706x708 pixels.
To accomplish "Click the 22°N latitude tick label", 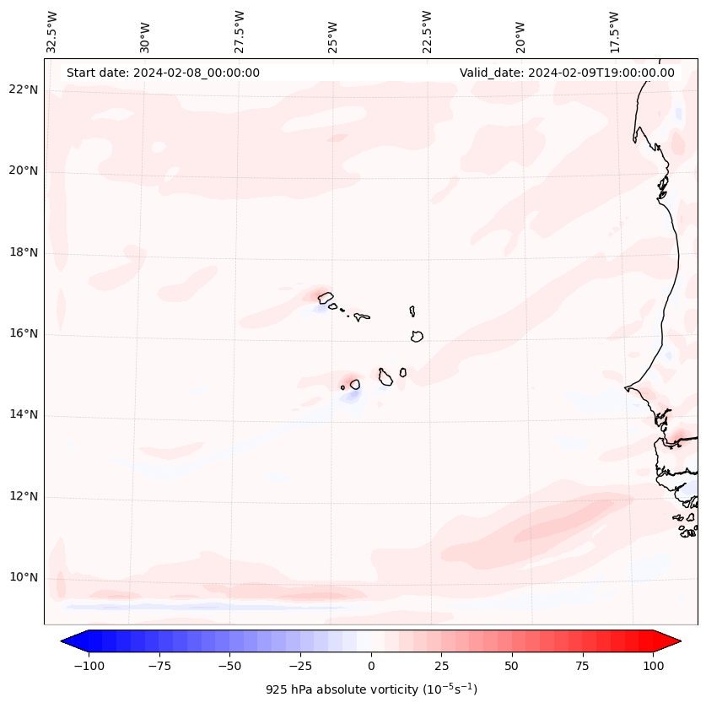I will tap(24, 90).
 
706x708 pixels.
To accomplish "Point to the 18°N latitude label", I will tap(24, 252).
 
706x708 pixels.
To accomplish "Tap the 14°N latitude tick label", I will tap(24, 414).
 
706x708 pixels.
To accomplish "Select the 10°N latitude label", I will tap(24, 577).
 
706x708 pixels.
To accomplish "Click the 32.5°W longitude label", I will tap(52, 32).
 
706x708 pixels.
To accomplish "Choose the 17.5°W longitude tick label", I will tap(614, 32).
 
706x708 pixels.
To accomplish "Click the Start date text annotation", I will tap(163, 73).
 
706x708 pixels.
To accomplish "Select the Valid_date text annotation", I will tap(567, 73).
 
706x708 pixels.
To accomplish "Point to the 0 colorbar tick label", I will tap(371, 666).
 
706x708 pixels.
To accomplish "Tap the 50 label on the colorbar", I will tap(512, 666).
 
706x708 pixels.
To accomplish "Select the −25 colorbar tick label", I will tap(300, 666).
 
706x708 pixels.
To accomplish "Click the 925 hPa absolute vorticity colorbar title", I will tap(371, 690).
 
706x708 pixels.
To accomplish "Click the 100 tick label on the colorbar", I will tap(653, 666).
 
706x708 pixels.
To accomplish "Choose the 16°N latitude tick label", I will tap(24, 333).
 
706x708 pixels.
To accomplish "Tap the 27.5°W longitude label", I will tap(240, 32).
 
